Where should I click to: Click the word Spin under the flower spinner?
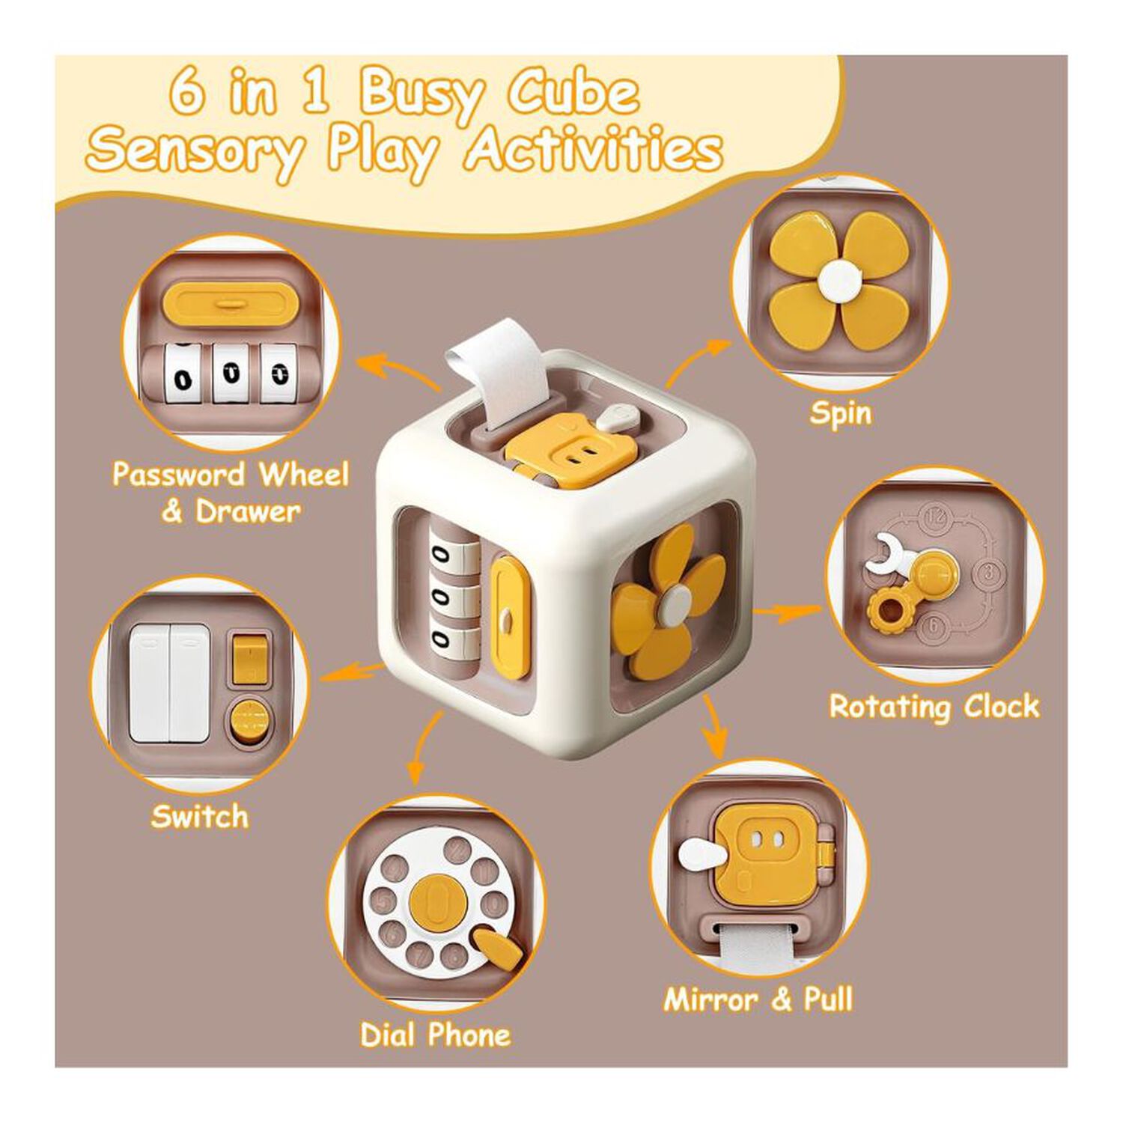click(x=840, y=413)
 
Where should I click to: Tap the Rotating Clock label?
click(x=934, y=706)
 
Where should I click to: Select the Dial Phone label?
click(x=435, y=1035)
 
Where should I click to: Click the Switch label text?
click(x=199, y=816)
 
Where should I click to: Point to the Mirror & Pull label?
click(x=758, y=999)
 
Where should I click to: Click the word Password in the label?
click(x=178, y=474)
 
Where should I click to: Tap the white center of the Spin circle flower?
click(x=839, y=281)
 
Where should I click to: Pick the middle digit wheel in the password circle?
click(x=231, y=373)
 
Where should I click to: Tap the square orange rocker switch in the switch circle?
click(x=249, y=660)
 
